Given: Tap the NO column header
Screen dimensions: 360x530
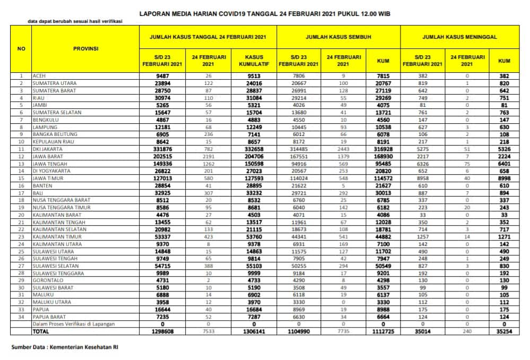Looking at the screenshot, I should (x=21, y=48).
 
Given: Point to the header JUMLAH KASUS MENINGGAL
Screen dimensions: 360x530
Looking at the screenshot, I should (x=459, y=38).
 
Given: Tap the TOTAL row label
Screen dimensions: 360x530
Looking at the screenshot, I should (x=41, y=331).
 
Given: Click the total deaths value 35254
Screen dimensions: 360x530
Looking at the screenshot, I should (x=504, y=331).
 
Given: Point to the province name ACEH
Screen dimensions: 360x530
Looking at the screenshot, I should (x=39, y=76).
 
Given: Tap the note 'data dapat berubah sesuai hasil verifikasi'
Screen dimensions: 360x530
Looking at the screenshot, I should (x=75, y=22).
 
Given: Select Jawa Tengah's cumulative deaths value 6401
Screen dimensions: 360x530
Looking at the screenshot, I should (x=504, y=165).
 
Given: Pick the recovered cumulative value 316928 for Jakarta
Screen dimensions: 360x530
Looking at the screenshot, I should (x=383, y=150).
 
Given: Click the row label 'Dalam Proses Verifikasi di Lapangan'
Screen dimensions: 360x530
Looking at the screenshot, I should (x=73, y=324).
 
